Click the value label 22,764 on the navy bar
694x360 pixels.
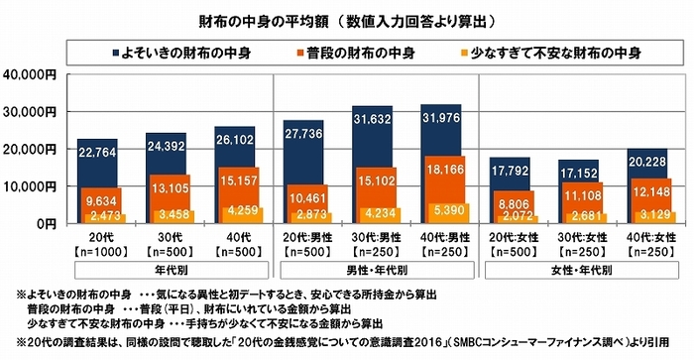click(x=98, y=151)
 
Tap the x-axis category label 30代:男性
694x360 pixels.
click(x=370, y=239)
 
